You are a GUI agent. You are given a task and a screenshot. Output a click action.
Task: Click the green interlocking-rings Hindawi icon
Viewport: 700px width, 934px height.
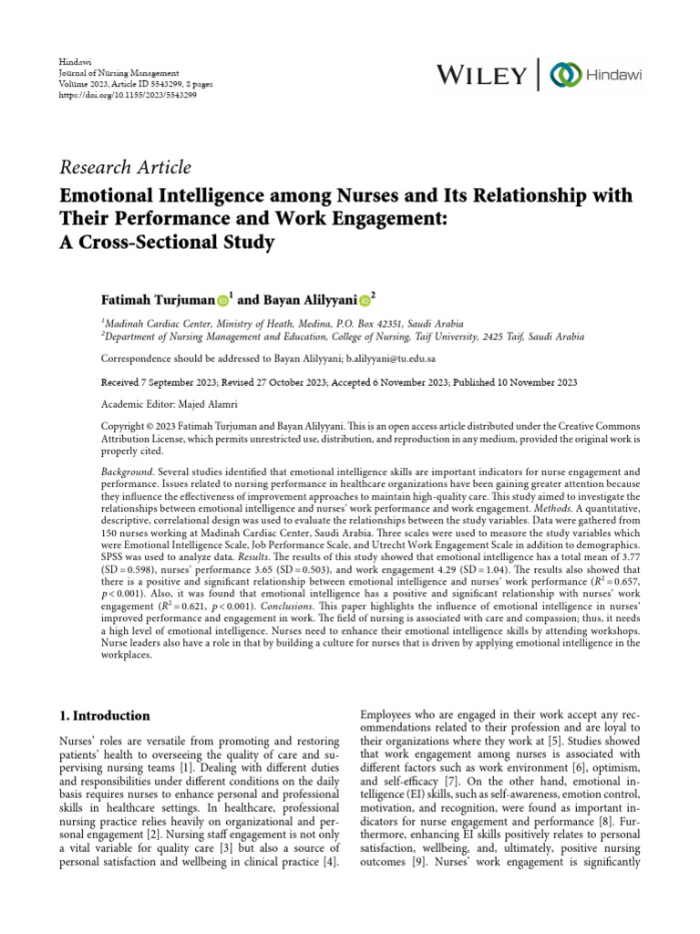point(566,73)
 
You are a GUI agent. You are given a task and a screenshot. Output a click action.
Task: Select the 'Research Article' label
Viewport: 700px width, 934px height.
point(125,167)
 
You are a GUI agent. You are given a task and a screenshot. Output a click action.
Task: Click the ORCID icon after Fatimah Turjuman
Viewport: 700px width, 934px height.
point(222,299)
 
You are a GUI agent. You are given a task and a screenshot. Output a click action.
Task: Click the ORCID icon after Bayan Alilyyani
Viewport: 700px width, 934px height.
point(364,299)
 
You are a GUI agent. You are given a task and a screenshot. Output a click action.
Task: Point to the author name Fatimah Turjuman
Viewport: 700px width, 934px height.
point(159,299)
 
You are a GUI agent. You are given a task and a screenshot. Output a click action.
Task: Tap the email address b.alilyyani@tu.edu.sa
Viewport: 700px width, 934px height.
point(396,359)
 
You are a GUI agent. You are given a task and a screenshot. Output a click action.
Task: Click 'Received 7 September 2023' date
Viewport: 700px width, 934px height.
point(162,383)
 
